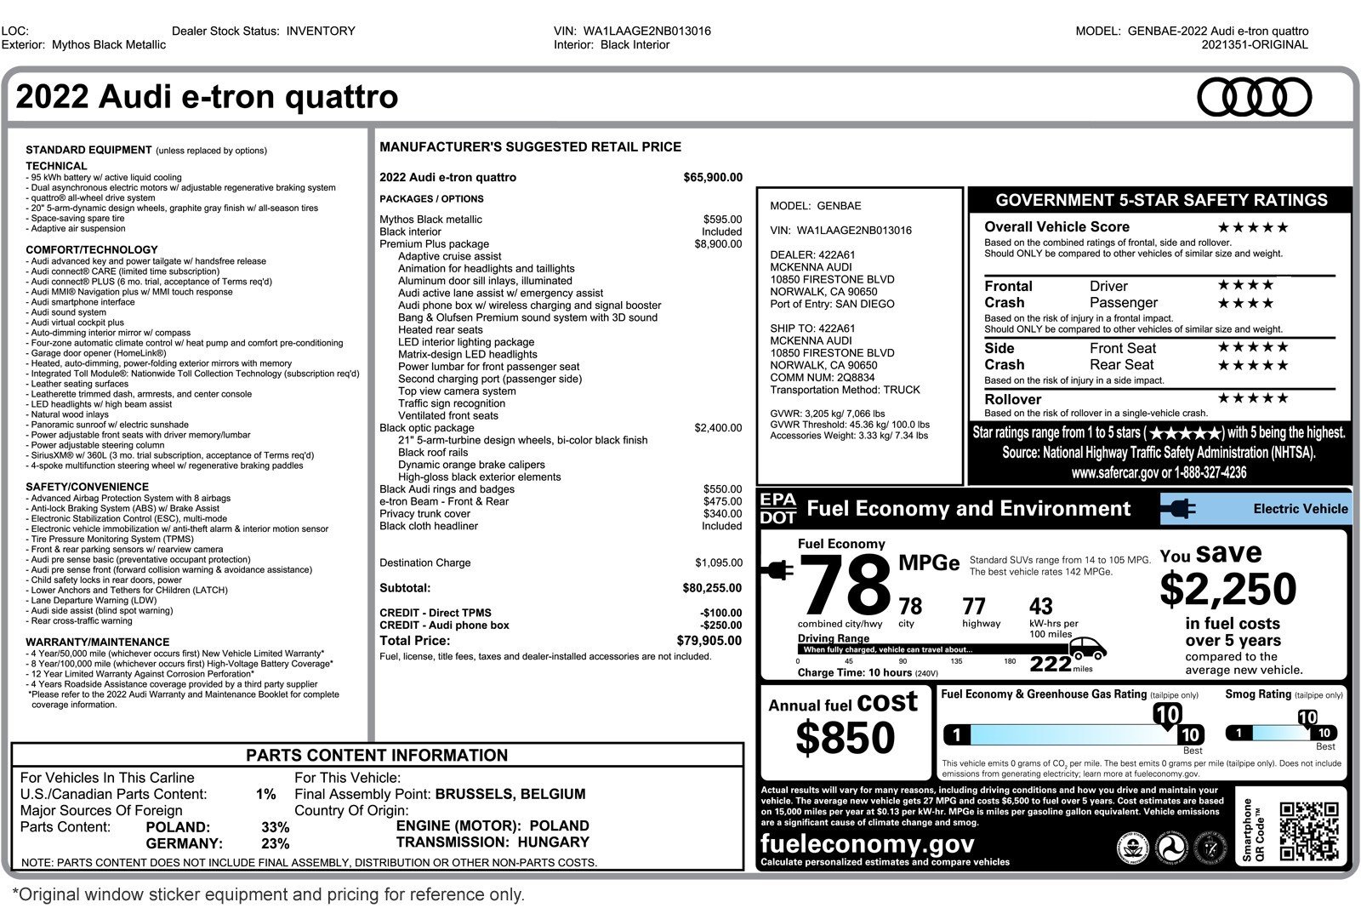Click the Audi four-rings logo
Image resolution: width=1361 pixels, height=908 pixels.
[1254, 97]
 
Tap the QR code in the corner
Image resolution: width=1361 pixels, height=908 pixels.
[1308, 831]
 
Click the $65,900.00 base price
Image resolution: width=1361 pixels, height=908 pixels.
[712, 178]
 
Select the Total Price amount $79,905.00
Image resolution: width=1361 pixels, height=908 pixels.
[709, 641]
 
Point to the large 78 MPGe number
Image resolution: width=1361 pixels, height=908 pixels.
[845, 585]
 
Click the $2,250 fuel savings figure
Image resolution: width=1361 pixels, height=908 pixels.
[1227, 589]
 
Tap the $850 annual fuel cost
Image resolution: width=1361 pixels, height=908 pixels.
[845, 738]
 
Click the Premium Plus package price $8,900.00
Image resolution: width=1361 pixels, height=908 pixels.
[717, 244]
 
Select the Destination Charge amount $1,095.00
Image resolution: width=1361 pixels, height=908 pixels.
[718, 563]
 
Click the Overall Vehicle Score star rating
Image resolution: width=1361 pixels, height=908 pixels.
[1252, 227]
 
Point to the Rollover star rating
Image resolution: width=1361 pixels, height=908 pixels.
[1252, 398]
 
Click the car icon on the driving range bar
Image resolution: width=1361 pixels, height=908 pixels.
[1087, 648]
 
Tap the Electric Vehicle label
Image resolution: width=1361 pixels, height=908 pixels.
[1300, 509]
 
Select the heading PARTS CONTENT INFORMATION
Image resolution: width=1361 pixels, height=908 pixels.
[377, 756]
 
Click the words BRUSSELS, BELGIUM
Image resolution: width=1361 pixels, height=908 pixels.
[510, 794]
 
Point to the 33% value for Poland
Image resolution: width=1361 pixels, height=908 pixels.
[275, 827]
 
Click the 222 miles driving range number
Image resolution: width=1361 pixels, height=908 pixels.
[1051, 664]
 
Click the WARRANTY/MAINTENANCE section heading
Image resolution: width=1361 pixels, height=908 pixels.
[97, 642]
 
